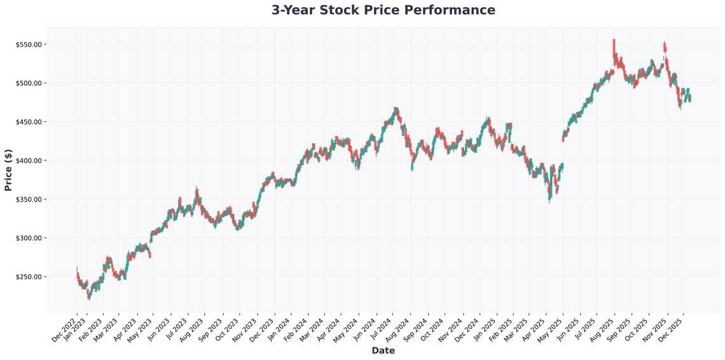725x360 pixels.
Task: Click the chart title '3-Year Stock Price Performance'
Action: click(383, 10)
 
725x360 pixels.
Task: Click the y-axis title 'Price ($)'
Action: click(8, 170)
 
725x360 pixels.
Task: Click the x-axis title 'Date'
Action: click(383, 350)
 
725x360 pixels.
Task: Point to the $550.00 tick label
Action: click(29, 45)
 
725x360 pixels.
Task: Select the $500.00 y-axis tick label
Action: click(29, 83)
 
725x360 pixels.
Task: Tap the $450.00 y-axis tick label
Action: click(29, 122)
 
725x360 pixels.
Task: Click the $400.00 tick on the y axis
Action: click(29, 160)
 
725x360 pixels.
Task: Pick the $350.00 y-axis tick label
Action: click(29, 199)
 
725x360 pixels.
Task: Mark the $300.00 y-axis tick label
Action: click(29, 238)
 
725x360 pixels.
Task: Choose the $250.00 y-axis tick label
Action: click(29, 277)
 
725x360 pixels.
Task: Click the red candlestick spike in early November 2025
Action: click(665, 46)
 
